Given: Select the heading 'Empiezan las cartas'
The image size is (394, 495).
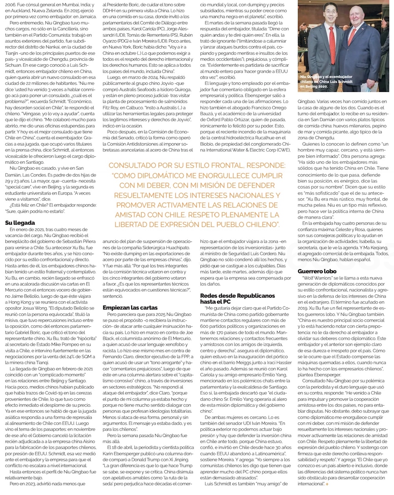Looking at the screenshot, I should coord(130,307).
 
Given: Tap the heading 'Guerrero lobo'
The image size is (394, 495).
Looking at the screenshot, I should coord(317,271).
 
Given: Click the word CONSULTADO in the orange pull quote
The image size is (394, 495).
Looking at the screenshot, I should coord(135,165).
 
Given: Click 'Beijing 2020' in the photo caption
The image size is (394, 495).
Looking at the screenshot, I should coord(316,86).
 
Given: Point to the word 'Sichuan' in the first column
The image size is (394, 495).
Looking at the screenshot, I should coord(15,64).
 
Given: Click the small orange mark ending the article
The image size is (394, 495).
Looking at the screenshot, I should coord(327,484).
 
